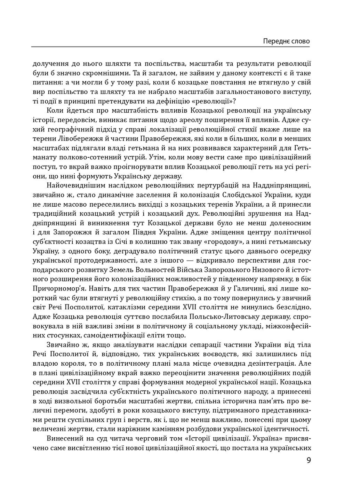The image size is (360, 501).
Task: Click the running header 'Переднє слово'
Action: point(286,41)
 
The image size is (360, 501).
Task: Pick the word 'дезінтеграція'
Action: point(281,364)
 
